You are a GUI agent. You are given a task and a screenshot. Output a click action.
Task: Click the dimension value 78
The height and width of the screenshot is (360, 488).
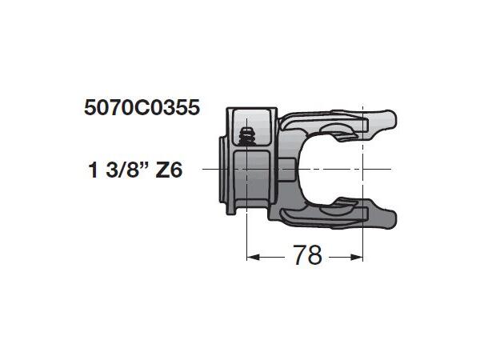[x=306, y=256]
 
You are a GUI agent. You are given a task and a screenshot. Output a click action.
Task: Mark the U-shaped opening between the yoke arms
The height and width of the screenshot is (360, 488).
[x=336, y=168]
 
